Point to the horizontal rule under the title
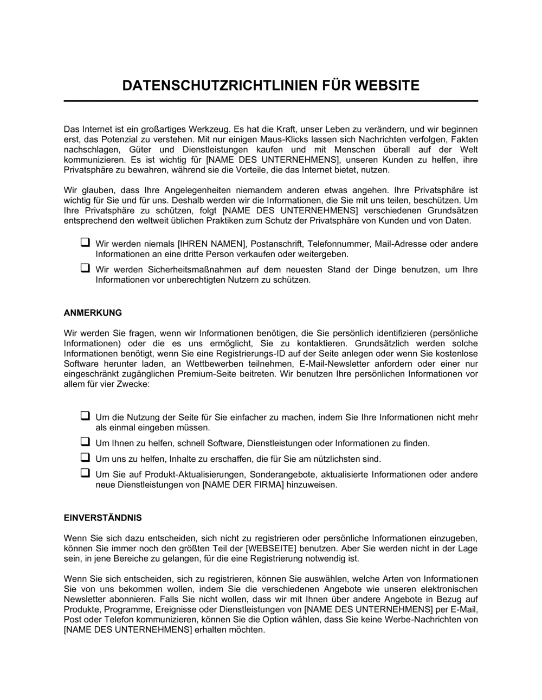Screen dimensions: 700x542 tap(271, 101)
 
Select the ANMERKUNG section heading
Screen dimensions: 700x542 tap(93, 313)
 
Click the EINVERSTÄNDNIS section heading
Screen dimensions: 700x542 tap(103, 518)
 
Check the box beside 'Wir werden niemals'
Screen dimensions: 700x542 tap(85, 243)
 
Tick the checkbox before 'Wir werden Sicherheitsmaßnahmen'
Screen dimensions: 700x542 tap(85, 268)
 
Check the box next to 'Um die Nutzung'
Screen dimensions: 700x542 tap(85, 416)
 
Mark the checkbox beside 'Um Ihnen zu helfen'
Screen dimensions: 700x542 tap(85, 442)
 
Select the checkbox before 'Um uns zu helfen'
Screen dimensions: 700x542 tap(85, 457)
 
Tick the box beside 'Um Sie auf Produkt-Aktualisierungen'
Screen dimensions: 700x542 tap(85, 473)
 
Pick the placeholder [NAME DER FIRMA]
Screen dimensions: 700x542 tap(243, 485)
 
